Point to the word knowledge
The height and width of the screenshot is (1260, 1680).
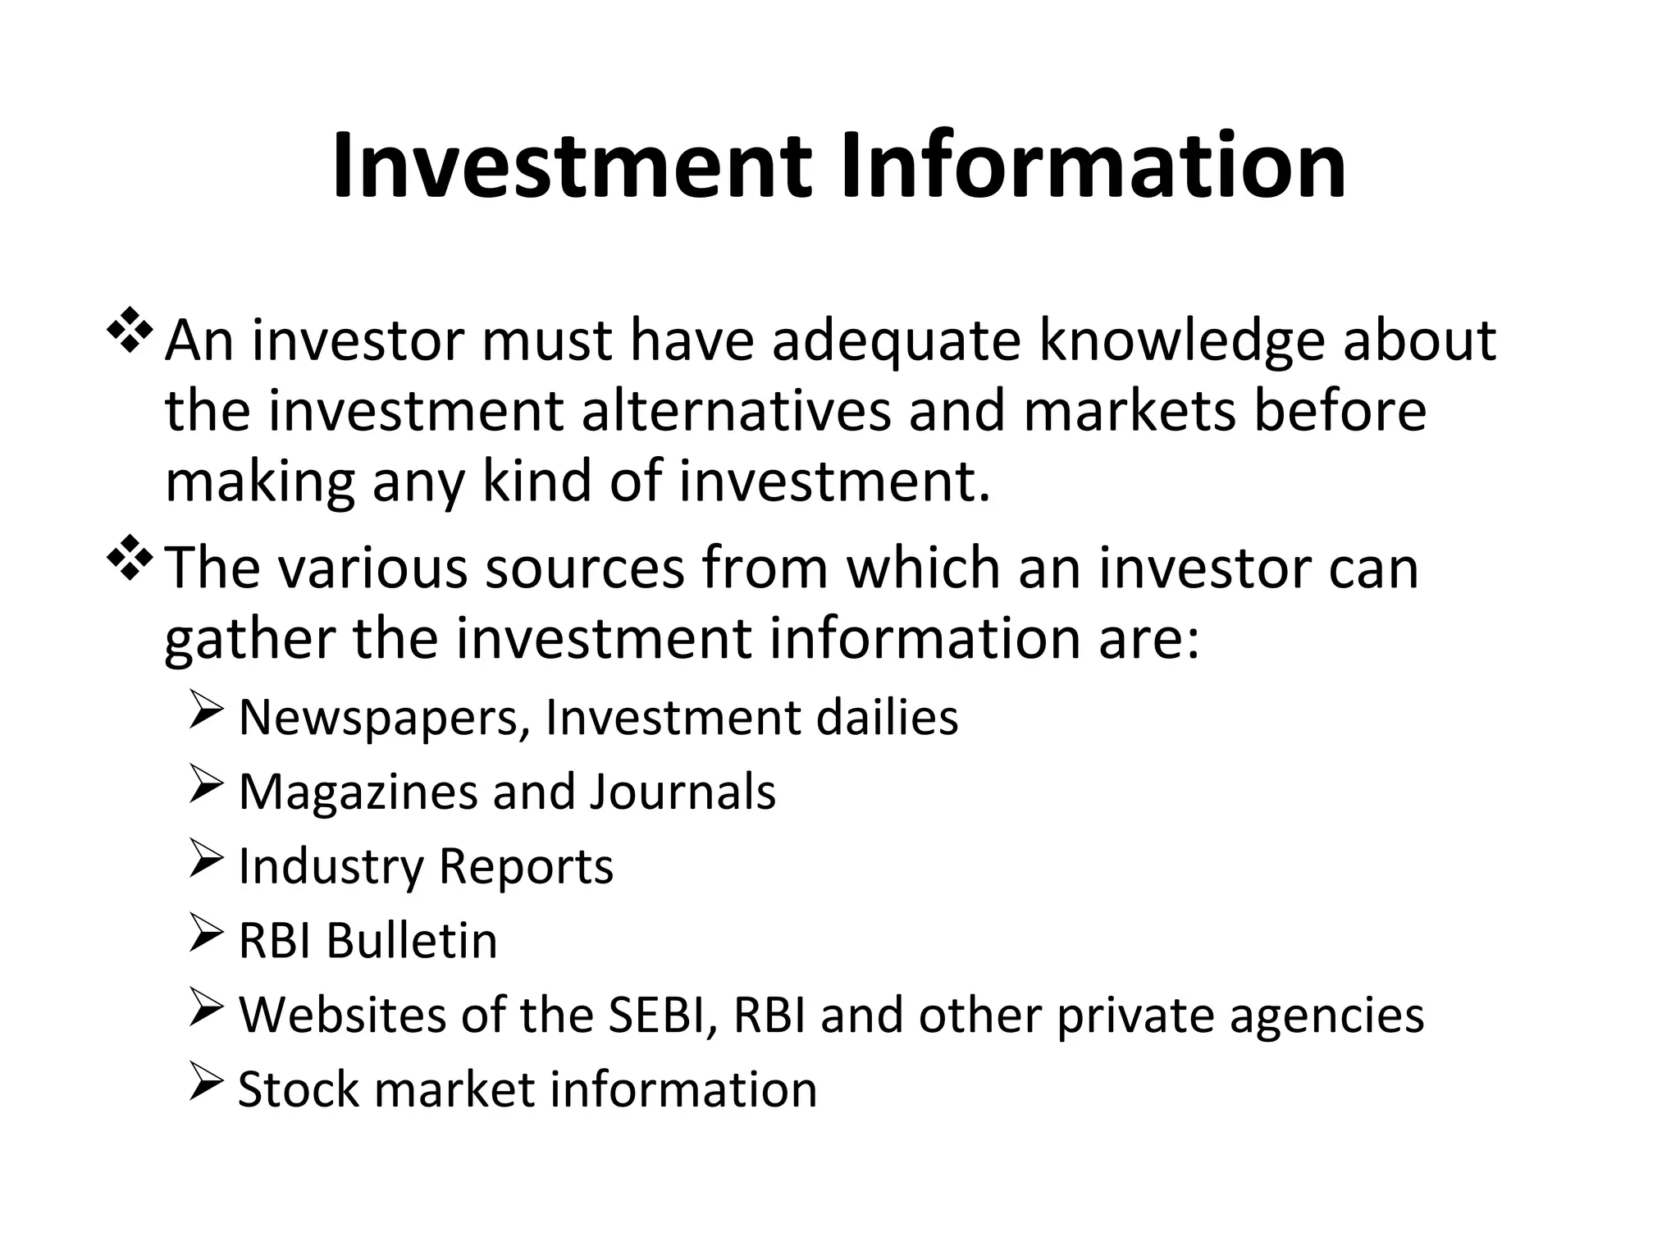coord(1181,342)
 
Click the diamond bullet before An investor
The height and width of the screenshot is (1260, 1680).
coord(129,329)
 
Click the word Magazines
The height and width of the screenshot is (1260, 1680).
coord(356,792)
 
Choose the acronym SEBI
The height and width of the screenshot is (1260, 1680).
coord(662,1015)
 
